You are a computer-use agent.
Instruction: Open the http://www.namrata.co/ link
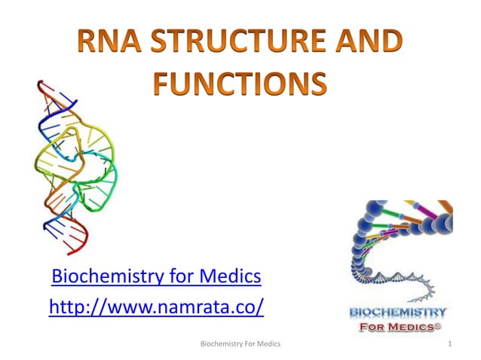(155, 307)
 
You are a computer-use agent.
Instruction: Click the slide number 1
(449, 344)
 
